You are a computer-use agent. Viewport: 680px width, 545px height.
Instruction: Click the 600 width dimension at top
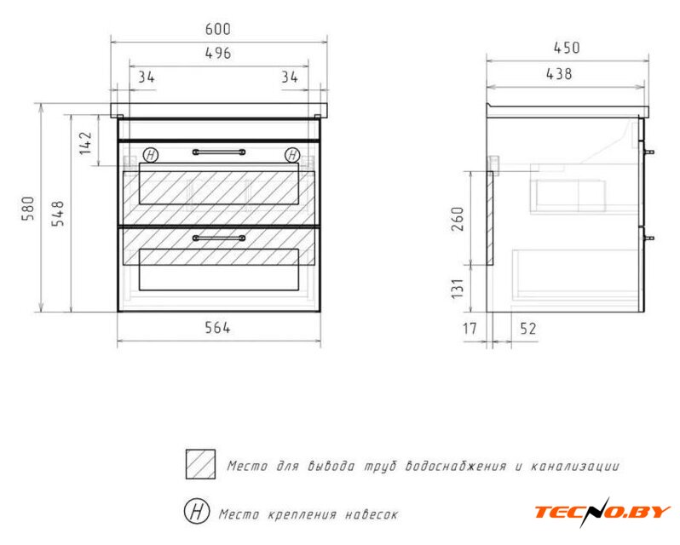pyautogui.click(x=217, y=30)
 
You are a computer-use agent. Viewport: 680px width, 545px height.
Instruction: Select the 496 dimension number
pyautogui.click(x=217, y=54)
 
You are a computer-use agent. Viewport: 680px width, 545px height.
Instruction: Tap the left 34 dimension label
pyautogui.click(x=147, y=77)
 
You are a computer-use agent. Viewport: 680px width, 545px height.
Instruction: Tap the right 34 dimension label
pyautogui.click(x=290, y=77)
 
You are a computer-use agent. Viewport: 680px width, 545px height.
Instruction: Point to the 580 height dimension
pyautogui.click(x=28, y=209)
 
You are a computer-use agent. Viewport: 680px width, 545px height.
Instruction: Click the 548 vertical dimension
pyautogui.click(x=58, y=213)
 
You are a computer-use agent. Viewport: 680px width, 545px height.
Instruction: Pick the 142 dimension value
pyautogui.click(x=86, y=143)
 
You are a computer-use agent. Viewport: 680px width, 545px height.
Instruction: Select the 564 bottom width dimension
pyautogui.click(x=217, y=328)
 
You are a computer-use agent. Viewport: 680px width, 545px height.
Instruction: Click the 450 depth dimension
pyautogui.click(x=567, y=48)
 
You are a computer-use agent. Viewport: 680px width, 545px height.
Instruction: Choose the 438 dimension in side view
pyautogui.click(x=559, y=74)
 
